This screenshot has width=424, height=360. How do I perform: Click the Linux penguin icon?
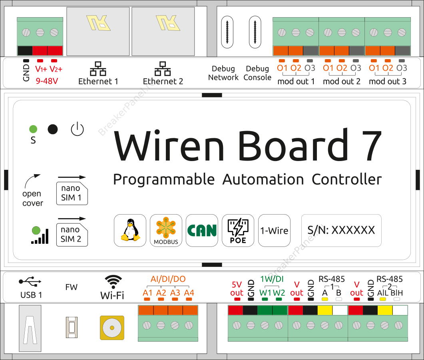coord(130,231)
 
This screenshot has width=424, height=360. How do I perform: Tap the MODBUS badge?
coord(166,231)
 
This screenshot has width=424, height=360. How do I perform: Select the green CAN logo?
coord(202,231)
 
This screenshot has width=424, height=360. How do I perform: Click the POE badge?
coord(238,231)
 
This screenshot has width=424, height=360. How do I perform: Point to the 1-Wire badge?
coord(274,231)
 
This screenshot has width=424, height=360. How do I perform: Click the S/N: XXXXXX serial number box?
coord(341,230)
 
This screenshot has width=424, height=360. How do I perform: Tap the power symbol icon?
coord(77,129)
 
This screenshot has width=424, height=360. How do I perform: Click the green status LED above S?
coord(33,129)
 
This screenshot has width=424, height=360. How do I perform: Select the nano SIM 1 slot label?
coord(71,193)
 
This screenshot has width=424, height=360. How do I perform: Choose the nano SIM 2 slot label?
coord(71,235)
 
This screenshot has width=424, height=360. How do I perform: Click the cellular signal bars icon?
coord(40,236)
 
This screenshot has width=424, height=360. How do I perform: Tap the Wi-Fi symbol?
coord(113,281)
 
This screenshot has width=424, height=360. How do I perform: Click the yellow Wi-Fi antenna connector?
coord(111,328)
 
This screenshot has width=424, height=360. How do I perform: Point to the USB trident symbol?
coord(30,282)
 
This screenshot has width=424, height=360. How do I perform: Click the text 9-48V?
coord(47,81)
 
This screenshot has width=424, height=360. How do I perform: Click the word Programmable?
coord(163,179)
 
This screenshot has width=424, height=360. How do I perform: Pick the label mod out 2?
coord(342,82)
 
